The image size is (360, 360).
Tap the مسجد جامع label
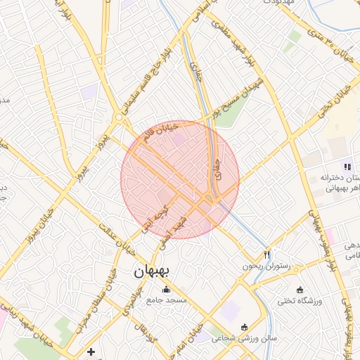click(x=167, y=300)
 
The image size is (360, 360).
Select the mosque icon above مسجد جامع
click(x=167, y=290)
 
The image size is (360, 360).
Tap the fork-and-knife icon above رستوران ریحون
click(x=266, y=255)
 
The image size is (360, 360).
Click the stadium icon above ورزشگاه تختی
click(x=300, y=290)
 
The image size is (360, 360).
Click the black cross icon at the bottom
click(x=91, y=351)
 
